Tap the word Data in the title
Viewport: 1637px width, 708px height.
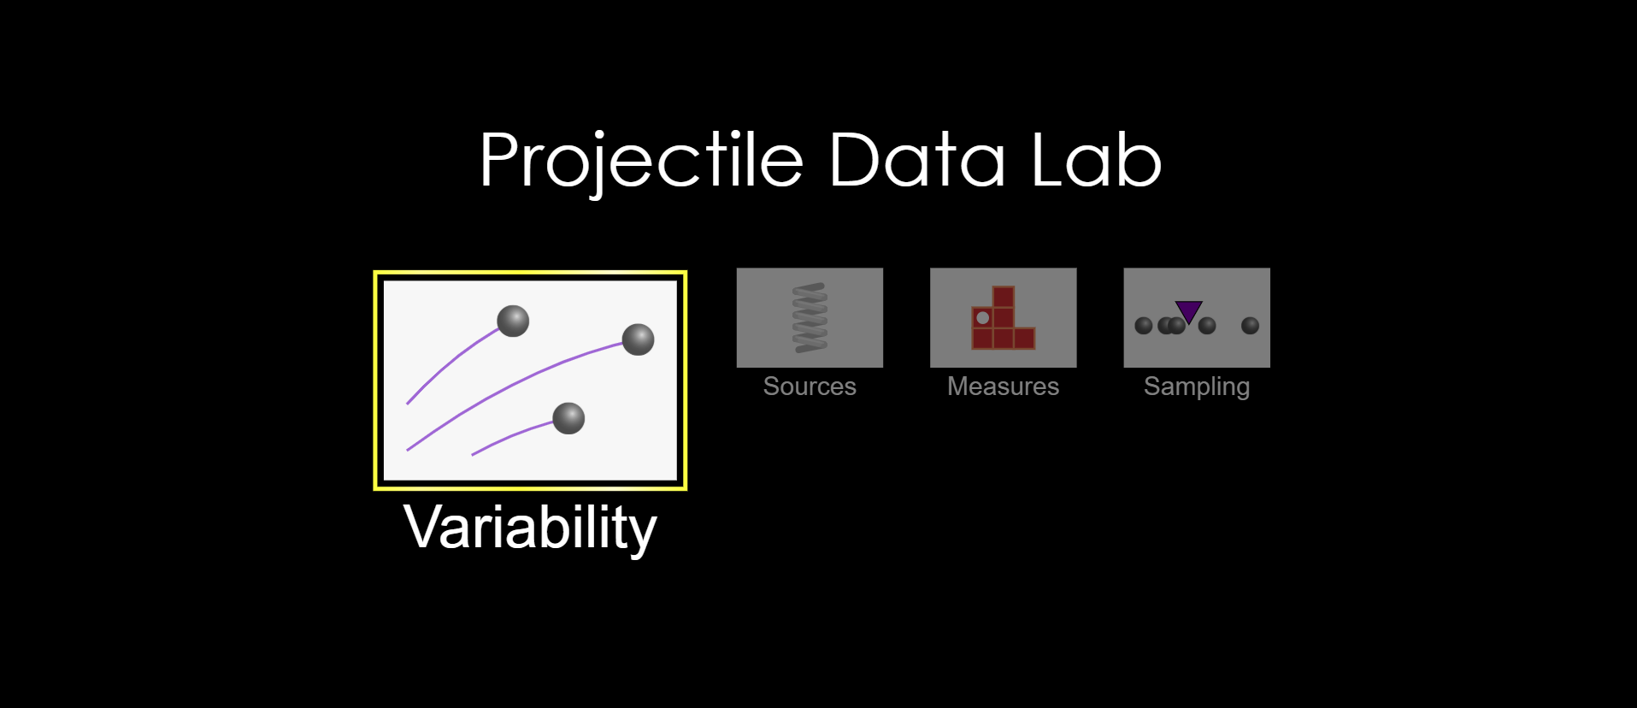[916, 160]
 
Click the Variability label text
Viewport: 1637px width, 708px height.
[530, 528]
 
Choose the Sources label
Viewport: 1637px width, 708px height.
[810, 386]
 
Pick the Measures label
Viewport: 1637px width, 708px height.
[1003, 386]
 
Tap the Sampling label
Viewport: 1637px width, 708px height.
[1197, 387]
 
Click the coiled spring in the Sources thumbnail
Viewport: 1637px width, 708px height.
[810, 317]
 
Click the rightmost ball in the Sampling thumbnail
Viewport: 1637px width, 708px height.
[1250, 326]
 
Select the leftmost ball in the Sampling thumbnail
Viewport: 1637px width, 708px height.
[1144, 326]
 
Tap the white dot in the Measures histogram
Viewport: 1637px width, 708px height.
[983, 318]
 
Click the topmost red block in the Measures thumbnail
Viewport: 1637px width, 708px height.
[1004, 297]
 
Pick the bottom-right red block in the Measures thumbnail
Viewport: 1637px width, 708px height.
[1024, 339]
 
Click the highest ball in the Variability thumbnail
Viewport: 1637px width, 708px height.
[513, 321]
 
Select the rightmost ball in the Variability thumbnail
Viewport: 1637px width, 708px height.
[638, 339]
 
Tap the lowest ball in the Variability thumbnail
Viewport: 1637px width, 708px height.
[568, 418]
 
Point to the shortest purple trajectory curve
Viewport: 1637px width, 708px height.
[509, 436]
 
